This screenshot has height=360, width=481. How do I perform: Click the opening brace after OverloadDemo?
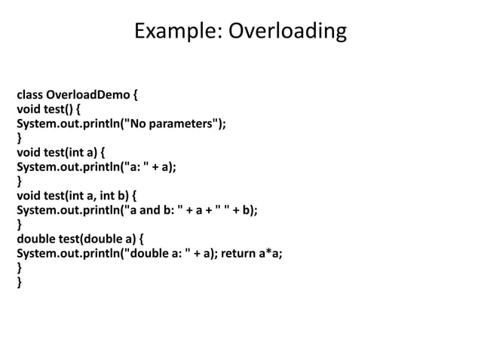click(135, 96)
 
